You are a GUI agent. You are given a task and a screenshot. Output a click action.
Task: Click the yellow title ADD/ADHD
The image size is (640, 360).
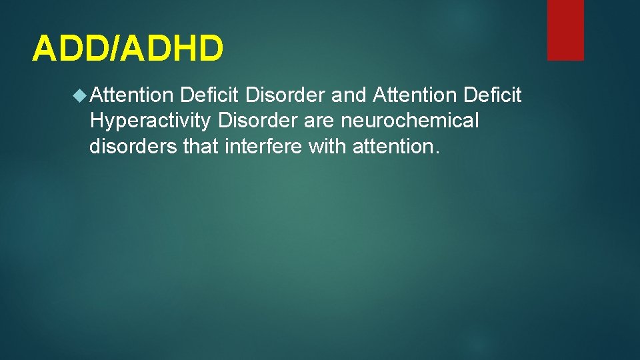point(128,48)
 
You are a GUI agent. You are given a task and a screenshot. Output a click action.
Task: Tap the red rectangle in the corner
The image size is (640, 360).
point(565,30)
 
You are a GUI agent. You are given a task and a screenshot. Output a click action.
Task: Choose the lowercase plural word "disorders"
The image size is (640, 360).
point(133,146)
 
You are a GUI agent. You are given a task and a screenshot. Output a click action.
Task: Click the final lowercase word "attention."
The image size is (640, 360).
point(397,146)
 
